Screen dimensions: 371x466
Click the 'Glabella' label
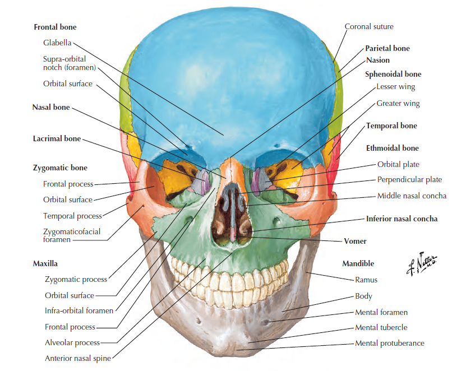click(x=57, y=43)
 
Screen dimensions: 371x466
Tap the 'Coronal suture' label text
click(x=368, y=26)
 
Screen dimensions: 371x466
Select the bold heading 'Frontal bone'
click(x=55, y=27)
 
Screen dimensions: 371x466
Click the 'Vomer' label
click(x=355, y=241)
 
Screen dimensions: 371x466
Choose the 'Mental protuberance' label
click(x=389, y=343)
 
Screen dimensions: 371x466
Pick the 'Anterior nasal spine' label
click(x=78, y=358)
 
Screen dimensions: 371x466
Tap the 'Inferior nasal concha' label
click(x=402, y=219)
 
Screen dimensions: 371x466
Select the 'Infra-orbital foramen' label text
click(x=79, y=310)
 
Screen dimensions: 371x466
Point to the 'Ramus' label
click(x=366, y=280)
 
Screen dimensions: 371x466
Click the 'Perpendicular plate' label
click(x=409, y=180)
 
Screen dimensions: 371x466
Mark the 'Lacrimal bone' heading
click(x=57, y=138)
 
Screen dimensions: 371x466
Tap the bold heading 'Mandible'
click(x=358, y=263)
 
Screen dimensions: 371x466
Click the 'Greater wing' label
click(x=398, y=103)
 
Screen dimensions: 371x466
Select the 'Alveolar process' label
click(x=72, y=342)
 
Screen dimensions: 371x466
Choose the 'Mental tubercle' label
click(x=381, y=327)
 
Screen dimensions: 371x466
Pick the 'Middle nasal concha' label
click(x=412, y=196)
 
